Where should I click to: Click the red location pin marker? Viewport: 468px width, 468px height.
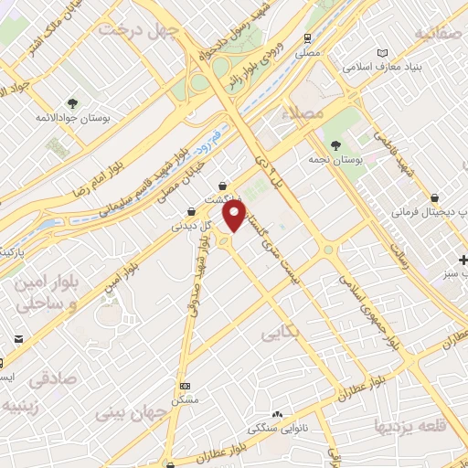(235, 217)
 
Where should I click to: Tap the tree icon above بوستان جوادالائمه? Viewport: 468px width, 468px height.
(73, 102)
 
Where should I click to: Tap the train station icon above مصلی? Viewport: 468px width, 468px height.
(308, 37)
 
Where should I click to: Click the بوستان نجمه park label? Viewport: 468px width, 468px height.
(358, 159)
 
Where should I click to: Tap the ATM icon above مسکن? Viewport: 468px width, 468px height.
(186, 387)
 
